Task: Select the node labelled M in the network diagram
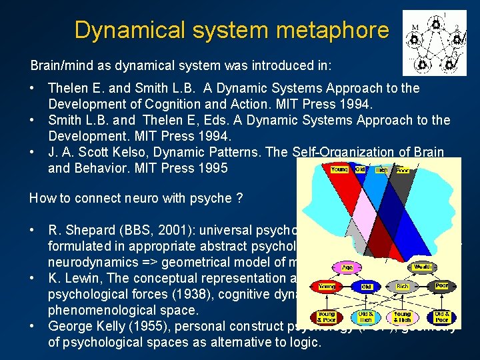click(x=415, y=27)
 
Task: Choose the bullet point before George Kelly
click(x=33, y=327)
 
